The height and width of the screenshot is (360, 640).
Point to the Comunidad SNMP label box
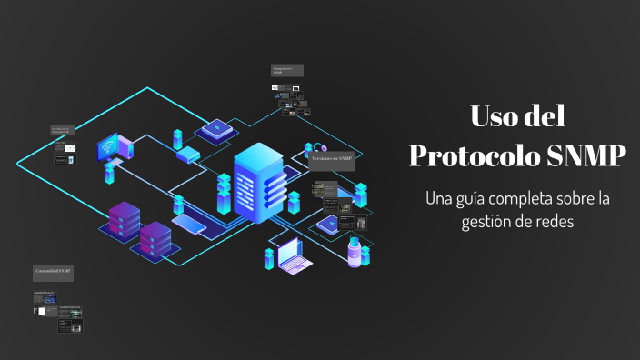(x=54, y=272)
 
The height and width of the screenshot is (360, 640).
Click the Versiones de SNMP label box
(x=331, y=158)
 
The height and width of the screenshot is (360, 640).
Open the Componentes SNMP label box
(x=286, y=70)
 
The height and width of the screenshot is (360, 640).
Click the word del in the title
(x=545, y=117)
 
